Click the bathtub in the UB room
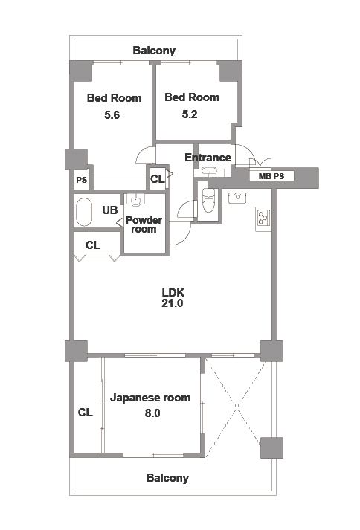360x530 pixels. (x=84, y=212)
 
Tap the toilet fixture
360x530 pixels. (x=208, y=201)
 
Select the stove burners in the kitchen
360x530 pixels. (x=263, y=217)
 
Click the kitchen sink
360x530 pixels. (x=237, y=198)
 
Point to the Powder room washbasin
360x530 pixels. (x=135, y=199)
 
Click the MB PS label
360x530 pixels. (x=271, y=176)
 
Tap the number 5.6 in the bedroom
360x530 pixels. (x=112, y=115)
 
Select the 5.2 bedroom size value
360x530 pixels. (x=190, y=114)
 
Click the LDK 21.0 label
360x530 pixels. (x=173, y=298)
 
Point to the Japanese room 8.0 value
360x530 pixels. (x=152, y=413)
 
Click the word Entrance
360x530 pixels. (x=208, y=158)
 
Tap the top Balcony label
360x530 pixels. (x=154, y=51)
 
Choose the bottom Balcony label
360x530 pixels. (x=167, y=478)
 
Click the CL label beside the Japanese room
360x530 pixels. (x=86, y=413)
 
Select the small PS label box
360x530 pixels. (x=82, y=180)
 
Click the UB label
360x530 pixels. (x=110, y=210)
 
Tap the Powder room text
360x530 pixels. (x=144, y=224)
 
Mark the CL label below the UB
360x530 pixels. (x=93, y=245)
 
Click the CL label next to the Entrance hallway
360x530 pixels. (x=158, y=179)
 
